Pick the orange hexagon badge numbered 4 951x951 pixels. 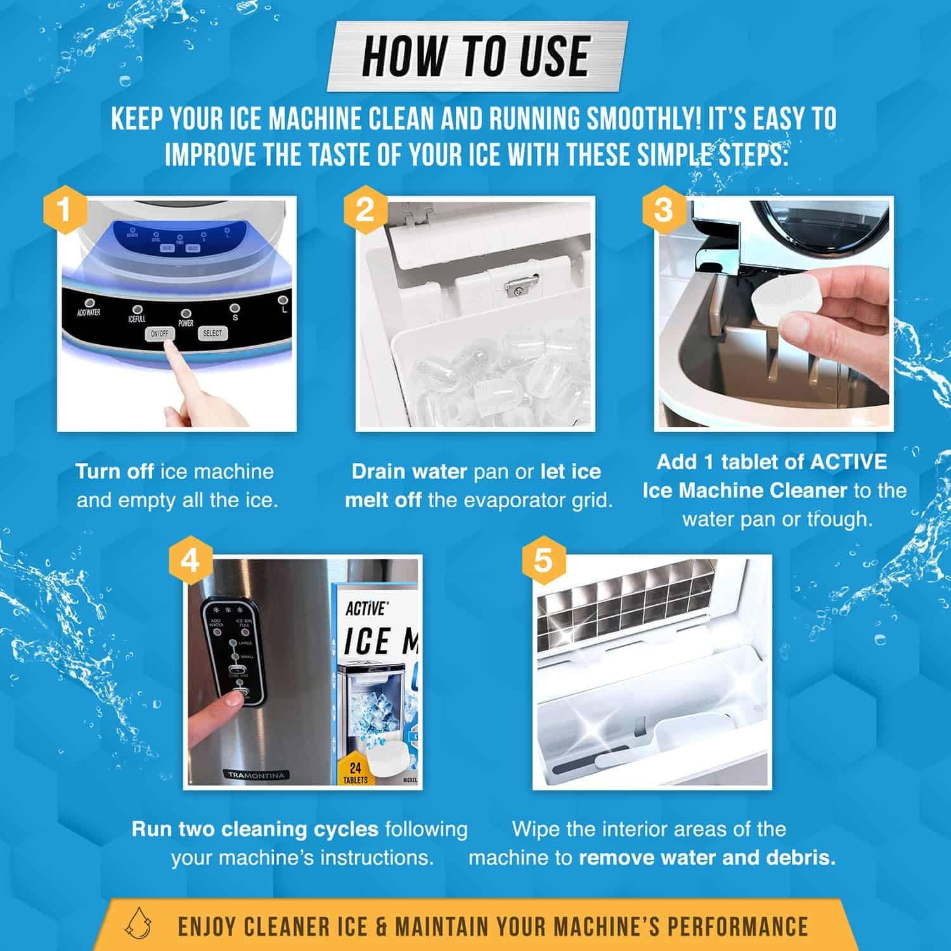tap(190, 562)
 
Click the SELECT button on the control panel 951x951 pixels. tap(212, 333)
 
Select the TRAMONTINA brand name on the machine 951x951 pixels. tap(257, 775)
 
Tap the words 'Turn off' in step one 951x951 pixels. tap(114, 472)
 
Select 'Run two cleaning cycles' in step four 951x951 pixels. tap(255, 829)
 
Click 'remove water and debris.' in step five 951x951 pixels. tap(707, 858)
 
